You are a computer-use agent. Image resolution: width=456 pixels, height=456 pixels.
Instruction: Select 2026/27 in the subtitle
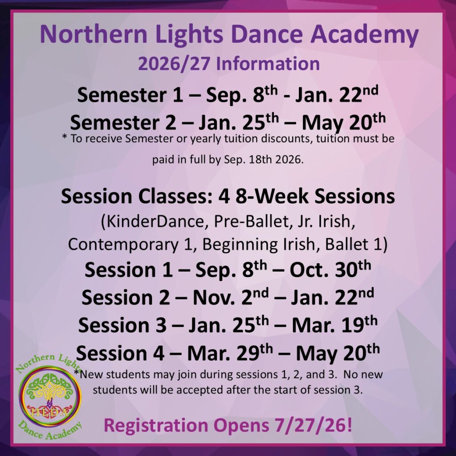point(174,64)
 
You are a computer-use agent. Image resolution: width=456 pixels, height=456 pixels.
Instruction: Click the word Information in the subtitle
point(268,64)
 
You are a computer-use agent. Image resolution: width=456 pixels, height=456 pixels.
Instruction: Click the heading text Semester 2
point(123,122)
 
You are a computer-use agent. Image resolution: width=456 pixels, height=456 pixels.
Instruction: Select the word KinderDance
point(153,222)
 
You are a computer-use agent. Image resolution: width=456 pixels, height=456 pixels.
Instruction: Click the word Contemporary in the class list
point(123,245)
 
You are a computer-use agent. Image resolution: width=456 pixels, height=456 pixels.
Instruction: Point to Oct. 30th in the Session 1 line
point(330,269)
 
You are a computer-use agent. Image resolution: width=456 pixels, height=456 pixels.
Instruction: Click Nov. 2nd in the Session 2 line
point(231,297)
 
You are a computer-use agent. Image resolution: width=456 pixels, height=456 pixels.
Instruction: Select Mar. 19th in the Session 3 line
point(334,325)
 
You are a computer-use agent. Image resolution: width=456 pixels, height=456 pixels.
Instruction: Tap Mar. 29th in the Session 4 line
point(230,353)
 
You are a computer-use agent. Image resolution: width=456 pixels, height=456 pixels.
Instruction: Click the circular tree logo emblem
point(49,397)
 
